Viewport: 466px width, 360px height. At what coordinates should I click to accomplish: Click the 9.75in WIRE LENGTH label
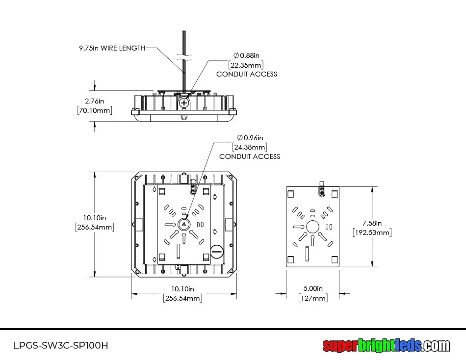click(112, 48)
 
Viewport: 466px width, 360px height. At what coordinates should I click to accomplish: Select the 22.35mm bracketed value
click(246, 65)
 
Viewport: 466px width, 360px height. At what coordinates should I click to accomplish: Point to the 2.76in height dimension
click(95, 101)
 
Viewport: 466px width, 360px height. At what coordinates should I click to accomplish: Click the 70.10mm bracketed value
click(95, 110)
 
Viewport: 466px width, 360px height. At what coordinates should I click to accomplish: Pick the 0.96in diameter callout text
click(250, 137)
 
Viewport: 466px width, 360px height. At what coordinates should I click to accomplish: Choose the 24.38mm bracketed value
click(250, 147)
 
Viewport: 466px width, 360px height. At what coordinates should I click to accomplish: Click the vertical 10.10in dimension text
click(95, 217)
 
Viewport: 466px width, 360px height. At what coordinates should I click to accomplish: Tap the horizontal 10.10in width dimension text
click(182, 289)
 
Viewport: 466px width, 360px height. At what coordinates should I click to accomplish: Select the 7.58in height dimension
click(372, 223)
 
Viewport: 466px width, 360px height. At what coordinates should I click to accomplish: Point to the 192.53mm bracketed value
click(372, 232)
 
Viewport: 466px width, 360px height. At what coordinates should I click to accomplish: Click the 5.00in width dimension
click(313, 288)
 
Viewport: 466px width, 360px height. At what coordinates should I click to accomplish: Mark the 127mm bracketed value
click(313, 298)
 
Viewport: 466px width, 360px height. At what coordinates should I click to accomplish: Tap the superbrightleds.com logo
click(386, 346)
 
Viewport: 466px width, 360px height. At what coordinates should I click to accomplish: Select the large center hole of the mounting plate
click(312, 227)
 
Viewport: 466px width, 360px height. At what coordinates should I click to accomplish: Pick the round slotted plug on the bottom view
click(216, 252)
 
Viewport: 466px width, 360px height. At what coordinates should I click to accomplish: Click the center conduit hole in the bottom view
click(184, 225)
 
